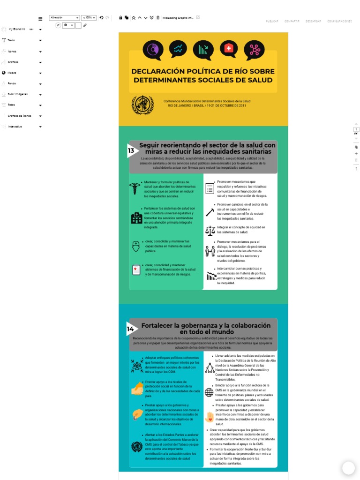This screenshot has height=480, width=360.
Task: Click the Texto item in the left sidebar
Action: (x=11, y=40)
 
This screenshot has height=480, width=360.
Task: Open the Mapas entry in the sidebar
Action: (x=12, y=73)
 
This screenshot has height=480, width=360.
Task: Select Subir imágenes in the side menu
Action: (x=18, y=94)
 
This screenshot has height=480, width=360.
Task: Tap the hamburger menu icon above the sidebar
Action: (x=40, y=18)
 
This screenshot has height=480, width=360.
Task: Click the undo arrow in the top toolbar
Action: (x=101, y=18)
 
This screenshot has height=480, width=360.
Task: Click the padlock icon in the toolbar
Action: (x=120, y=18)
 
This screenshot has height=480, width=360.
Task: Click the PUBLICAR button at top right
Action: (x=272, y=21)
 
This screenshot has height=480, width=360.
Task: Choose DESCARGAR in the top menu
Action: (x=313, y=21)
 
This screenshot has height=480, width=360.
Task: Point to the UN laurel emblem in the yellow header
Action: (x=142, y=105)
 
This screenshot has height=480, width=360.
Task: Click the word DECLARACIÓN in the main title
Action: (x=161, y=71)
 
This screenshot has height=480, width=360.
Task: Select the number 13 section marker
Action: (x=131, y=150)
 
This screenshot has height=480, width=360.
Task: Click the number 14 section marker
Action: (x=131, y=329)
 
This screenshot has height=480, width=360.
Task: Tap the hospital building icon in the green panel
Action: (x=136, y=217)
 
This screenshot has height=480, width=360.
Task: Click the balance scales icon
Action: (x=210, y=230)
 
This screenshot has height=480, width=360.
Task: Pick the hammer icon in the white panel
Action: (x=210, y=212)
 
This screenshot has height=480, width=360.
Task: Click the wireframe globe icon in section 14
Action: (x=209, y=392)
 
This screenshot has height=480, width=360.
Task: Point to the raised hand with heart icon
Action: (x=209, y=417)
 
